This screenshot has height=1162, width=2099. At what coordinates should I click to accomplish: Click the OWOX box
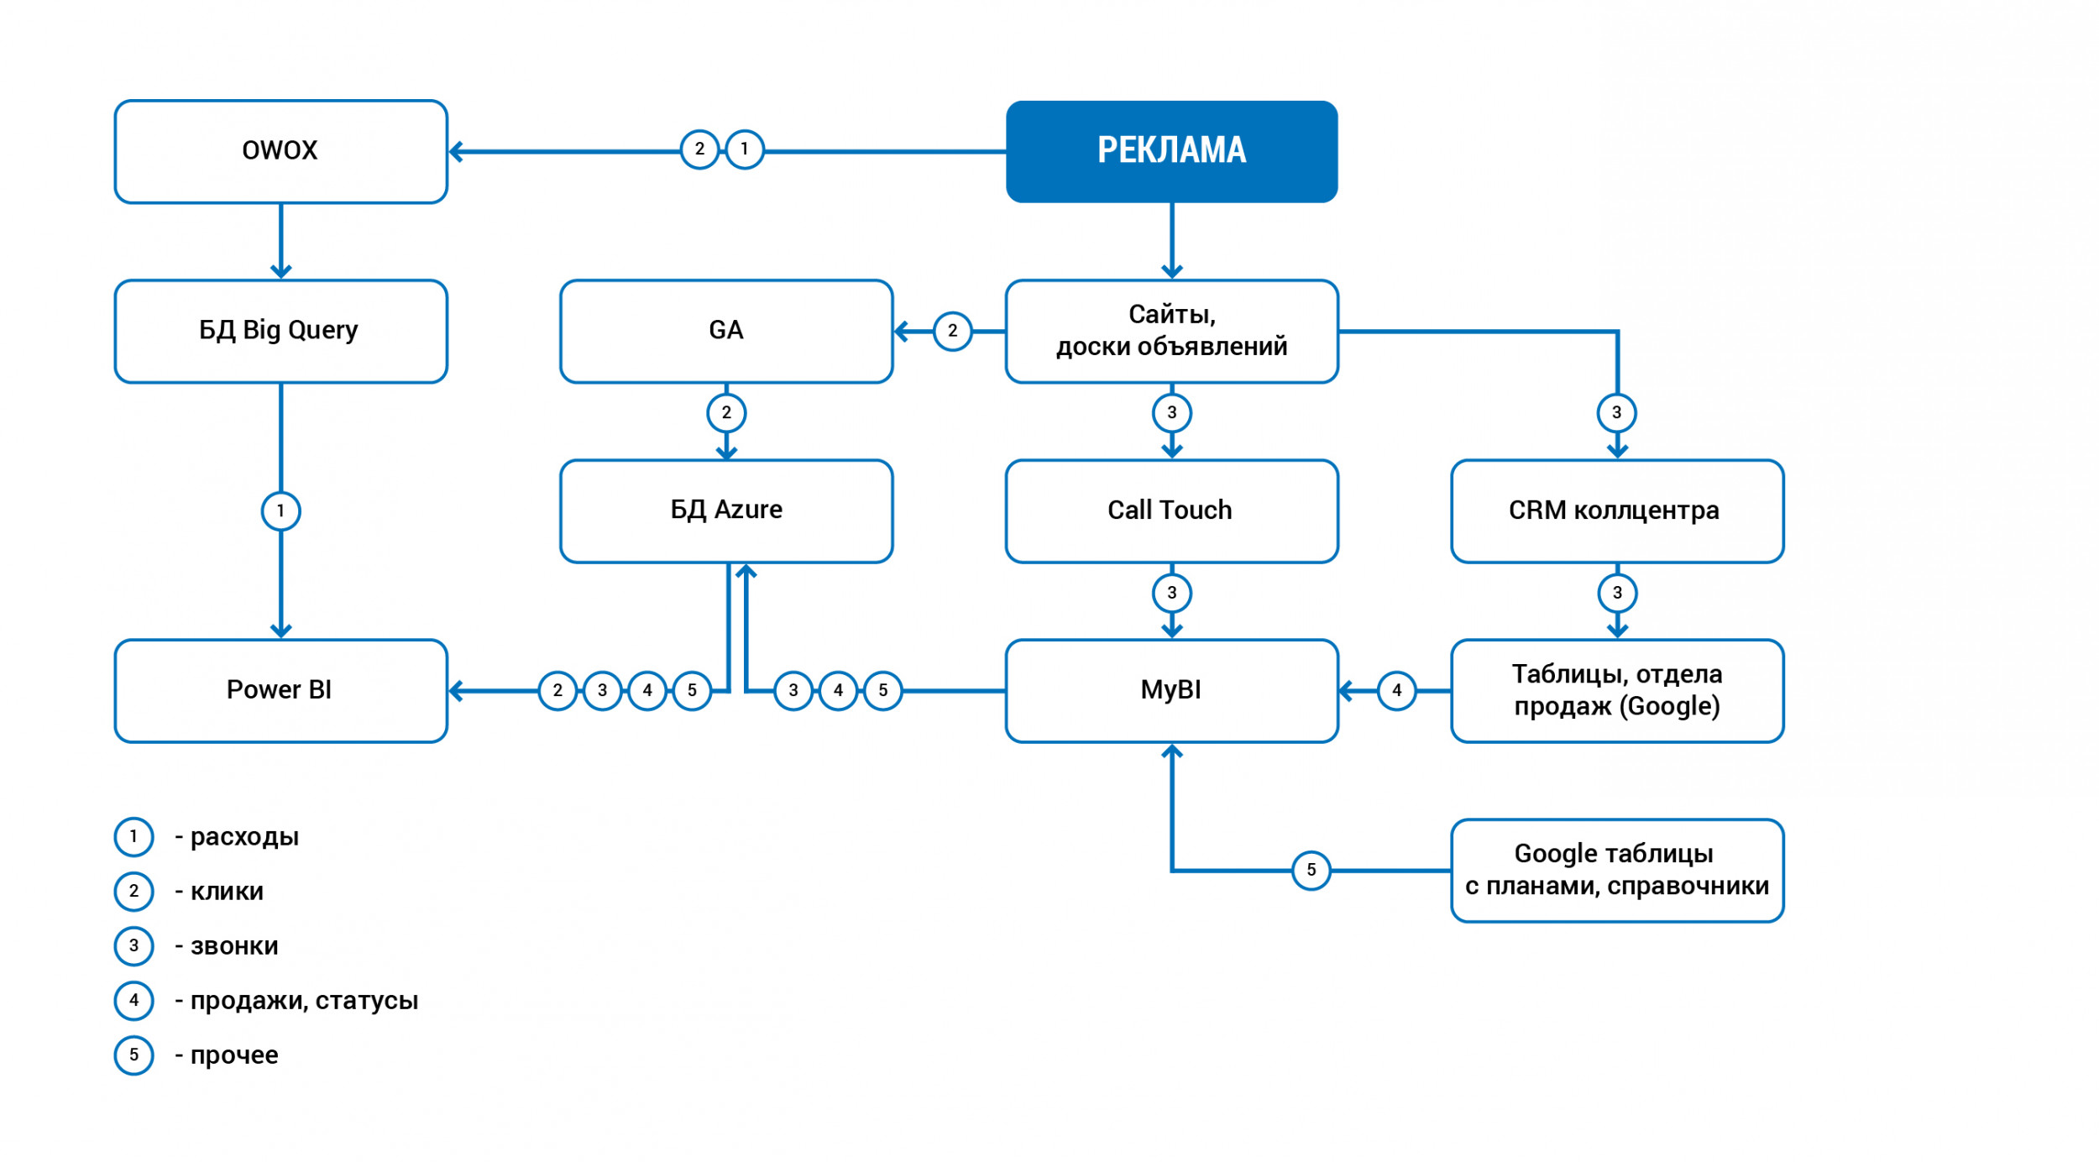coord(280,151)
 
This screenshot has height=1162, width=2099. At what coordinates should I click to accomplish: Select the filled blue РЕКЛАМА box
coord(1171,151)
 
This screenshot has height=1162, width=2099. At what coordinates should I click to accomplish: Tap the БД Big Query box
coord(280,331)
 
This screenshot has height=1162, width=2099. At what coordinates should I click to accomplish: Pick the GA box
coord(726,331)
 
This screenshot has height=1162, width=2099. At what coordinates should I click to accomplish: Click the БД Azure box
coord(726,510)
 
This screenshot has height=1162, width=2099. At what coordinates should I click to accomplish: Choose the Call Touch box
coord(1171,510)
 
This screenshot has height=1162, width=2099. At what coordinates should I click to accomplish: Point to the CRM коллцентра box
coord(1616,510)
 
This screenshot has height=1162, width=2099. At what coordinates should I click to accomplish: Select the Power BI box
coord(280,690)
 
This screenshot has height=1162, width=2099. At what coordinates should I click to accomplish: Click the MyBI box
coord(1171,690)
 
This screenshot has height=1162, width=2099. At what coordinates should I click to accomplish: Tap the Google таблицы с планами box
coord(1616,870)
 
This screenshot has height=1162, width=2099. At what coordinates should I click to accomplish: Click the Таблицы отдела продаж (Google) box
coord(1616,690)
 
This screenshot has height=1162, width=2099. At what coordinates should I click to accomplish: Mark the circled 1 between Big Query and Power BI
coord(280,510)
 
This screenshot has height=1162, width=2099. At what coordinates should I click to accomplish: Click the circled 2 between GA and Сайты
coord(952,331)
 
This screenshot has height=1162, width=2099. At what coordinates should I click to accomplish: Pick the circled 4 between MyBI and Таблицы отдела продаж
coord(1396,690)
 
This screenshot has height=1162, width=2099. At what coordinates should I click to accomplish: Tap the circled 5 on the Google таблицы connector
coord(1311,870)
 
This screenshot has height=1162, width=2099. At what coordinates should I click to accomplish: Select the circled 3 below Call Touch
coord(1171,593)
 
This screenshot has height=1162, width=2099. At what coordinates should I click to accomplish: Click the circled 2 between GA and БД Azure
coord(726,412)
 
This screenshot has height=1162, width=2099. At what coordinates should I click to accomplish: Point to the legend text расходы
coord(244,837)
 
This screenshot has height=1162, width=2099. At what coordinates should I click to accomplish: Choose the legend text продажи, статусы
coord(304,1001)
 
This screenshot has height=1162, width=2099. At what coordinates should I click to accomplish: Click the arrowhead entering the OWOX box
coord(457,152)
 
